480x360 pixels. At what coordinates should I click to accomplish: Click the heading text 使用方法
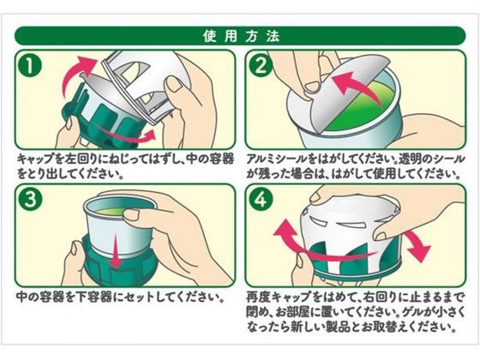tap(239, 36)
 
